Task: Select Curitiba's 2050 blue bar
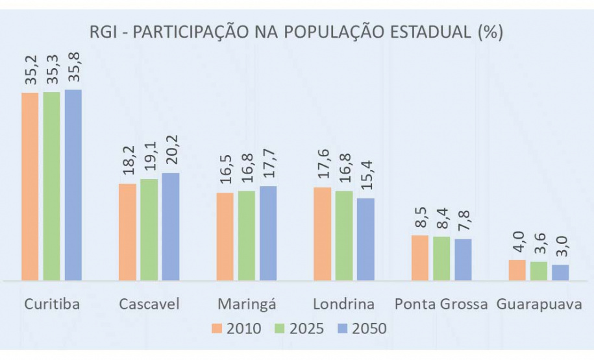[x=73, y=185]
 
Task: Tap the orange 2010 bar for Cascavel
[x=127, y=232]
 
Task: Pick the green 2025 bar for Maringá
[x=246, y=235]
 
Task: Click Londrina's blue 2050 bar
[x=365, y=239]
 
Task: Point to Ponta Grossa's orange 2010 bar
[x=419, y=258]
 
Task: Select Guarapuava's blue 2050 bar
[x=560, y=272]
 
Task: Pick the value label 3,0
[x=560, y=250]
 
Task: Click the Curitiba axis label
[x=52, y=304]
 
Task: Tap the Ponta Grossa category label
[x=441, y=304]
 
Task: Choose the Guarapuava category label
[x=538, y=304]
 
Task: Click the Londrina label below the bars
[x=343, y=304]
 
